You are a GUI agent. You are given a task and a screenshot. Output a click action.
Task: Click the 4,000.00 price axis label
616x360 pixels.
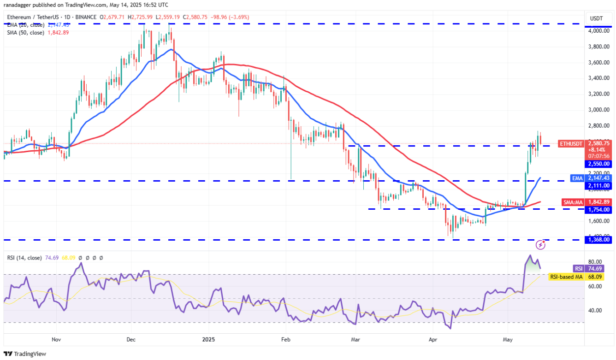599,31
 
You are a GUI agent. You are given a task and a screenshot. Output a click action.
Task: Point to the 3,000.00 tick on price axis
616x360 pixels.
599,110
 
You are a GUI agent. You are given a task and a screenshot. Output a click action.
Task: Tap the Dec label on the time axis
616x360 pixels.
130,339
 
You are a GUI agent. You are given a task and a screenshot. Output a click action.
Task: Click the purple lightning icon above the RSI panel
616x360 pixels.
541,245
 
